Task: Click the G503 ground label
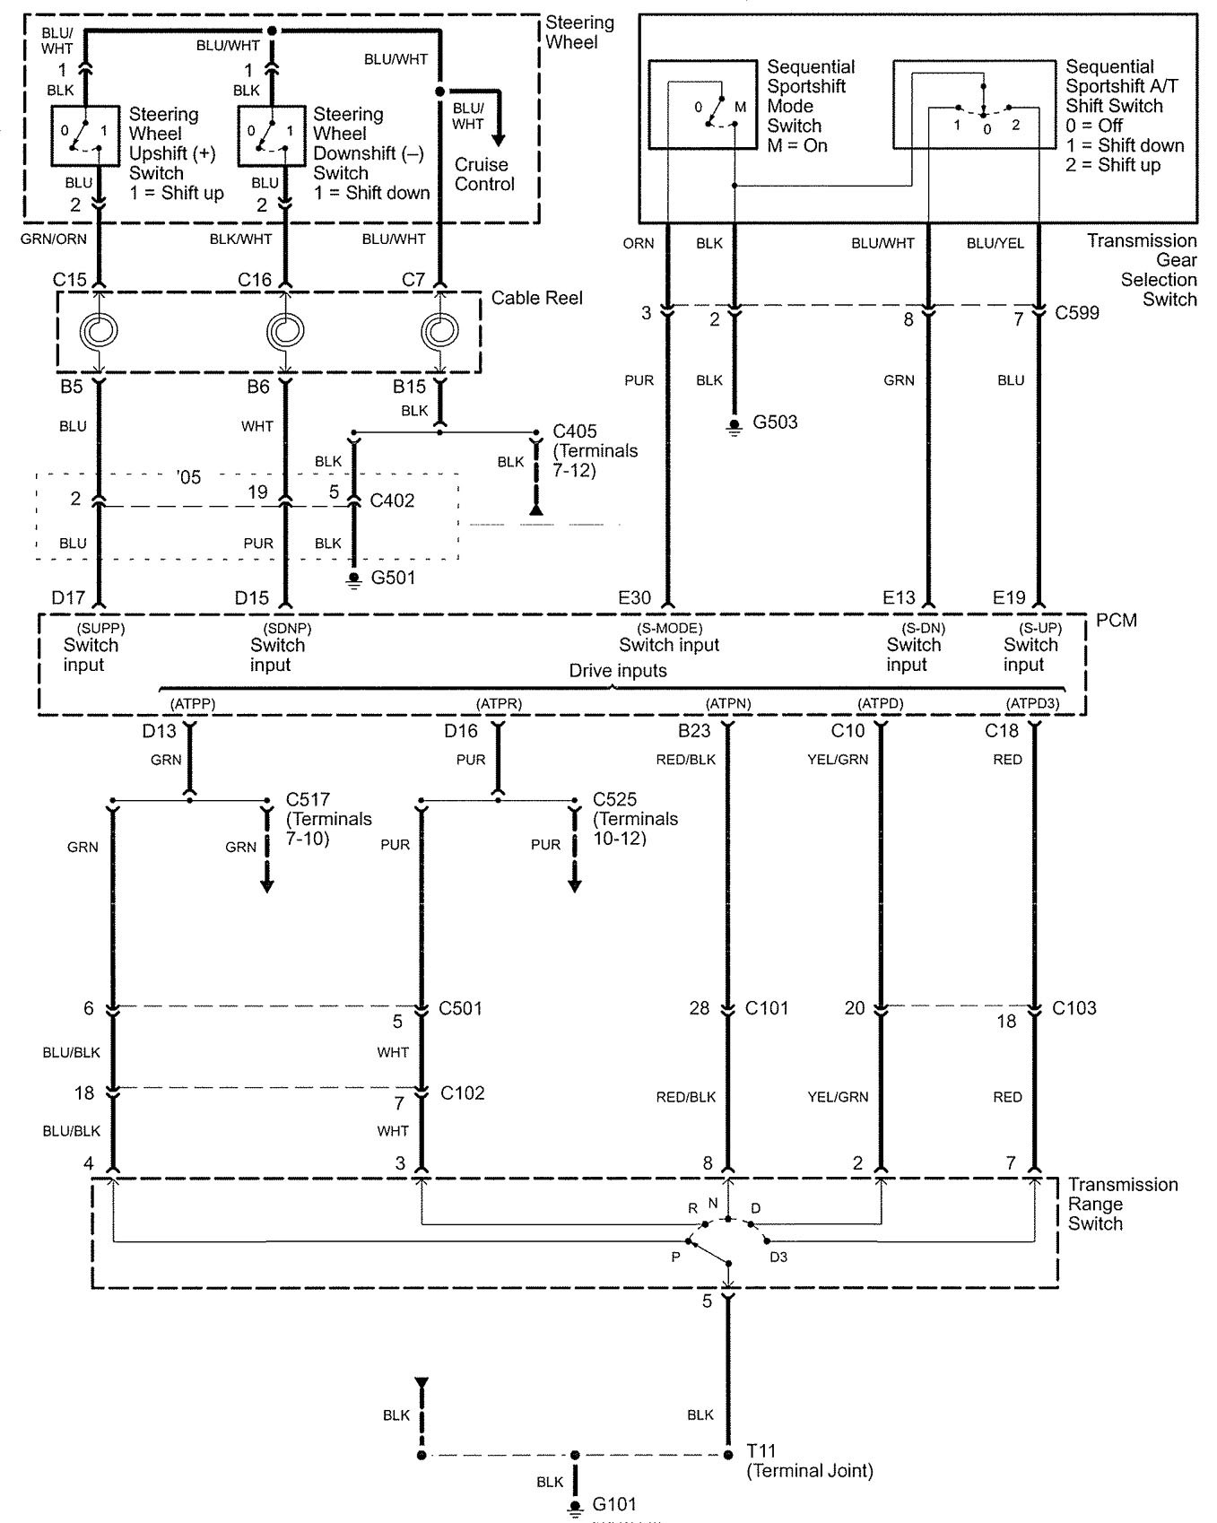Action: [x=774, y=422]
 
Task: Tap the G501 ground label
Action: [x=394, y=578]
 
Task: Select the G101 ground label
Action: [x=614, y=1504]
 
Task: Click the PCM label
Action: [x=1116, y=621]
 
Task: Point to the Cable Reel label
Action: [x=536, y=298]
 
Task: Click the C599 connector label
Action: [x=1077, y=313]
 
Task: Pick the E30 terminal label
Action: [x=635, y=598]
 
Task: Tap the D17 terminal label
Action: [x=68, y=598]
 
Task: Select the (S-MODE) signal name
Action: [x=669, y=629]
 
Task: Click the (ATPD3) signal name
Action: [x=1032, y=704]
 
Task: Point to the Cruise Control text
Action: [x=484, y=174]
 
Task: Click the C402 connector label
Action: [x=392, y=500]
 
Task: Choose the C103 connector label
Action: [x=1074, y=1008]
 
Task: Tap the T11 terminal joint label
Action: [x=761, y=1451]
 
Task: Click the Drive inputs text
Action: [x=618, y=671]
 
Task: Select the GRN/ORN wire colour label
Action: [x=53, y=239]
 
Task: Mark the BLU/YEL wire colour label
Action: [x=995, y=243]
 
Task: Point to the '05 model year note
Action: [x=188, y=477]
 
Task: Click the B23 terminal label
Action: [x=694, y=731]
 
